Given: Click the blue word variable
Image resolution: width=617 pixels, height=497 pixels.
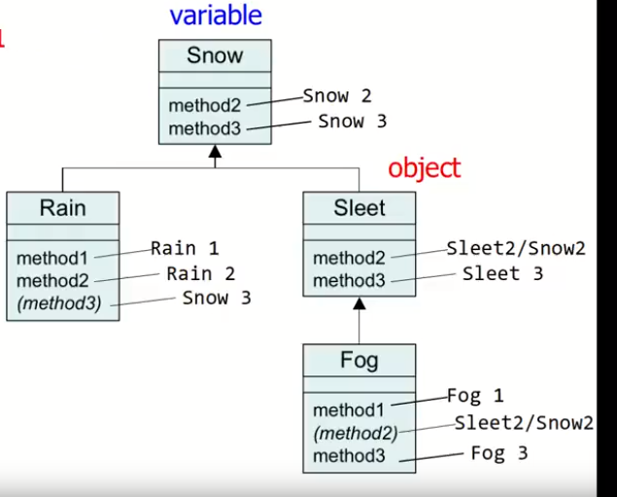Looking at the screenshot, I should [216, 16].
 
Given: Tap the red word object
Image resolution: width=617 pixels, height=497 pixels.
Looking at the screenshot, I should [424, 168].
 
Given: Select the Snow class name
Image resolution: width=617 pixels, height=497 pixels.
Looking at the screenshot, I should [215, 55].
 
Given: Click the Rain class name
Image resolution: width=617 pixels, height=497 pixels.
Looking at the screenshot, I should [62, 207].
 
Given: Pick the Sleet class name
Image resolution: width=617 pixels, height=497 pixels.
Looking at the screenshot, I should [359, 207].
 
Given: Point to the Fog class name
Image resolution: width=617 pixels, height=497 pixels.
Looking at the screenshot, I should [359, 360].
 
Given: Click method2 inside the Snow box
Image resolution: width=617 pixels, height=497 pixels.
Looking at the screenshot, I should [203, 105].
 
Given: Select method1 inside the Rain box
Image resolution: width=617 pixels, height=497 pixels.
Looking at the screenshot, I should [51, 258].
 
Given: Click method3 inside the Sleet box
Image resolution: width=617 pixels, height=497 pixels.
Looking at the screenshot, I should [349, 282].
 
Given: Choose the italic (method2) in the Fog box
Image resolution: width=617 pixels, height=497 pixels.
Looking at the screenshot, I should [355, 433].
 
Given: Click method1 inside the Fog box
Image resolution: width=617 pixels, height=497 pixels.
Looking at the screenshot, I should [348, 409].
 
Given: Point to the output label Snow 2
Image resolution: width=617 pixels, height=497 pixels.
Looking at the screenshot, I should [337, 96].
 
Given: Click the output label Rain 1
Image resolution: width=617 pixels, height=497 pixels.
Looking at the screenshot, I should [185, 249].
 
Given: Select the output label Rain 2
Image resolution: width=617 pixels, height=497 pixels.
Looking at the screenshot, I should [200, 274].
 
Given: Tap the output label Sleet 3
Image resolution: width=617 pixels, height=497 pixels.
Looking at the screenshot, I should [502, 274].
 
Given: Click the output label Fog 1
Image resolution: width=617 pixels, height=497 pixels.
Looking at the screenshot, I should [475, 396].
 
